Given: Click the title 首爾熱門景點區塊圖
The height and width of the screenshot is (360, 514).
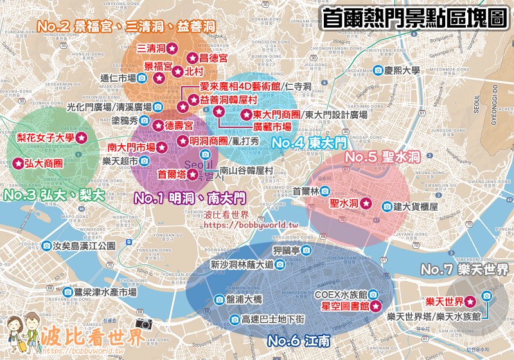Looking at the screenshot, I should (414, 17).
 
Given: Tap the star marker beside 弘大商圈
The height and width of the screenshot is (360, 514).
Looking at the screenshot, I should (18, 163).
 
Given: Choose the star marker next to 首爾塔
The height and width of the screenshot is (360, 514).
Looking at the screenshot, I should (192, 174).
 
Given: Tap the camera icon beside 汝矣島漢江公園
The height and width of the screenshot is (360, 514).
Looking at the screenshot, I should (48, 246).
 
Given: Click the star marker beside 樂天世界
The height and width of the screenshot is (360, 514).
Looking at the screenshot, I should (470, 301).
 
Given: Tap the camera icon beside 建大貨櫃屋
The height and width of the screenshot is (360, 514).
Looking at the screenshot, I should (387, 206).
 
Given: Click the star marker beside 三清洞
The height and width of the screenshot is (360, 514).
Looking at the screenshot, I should (172, 48).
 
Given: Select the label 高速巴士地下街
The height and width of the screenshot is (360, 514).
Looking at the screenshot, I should (277, 319).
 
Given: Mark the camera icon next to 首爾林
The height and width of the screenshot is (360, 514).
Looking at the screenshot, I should (326, 191).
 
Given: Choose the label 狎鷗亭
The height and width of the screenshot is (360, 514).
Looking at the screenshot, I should (286, 250).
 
